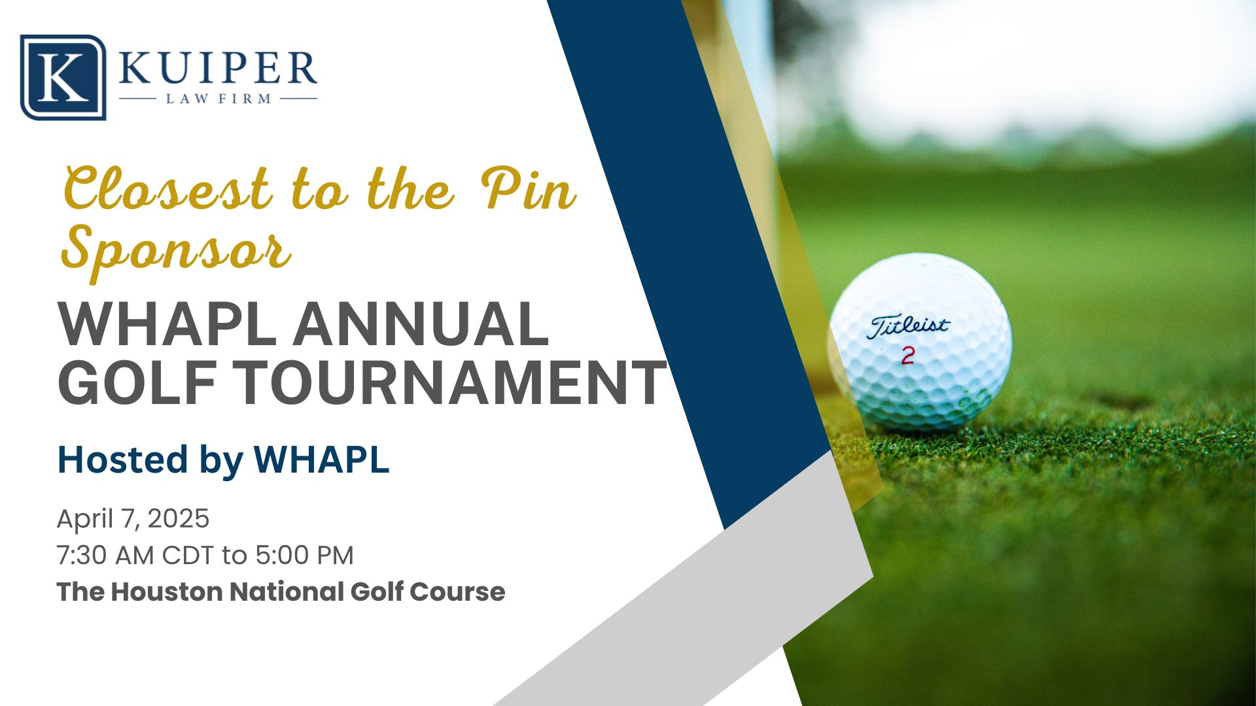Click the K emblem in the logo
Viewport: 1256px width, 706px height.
point(63,77)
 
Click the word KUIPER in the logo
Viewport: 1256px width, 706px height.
point(218,68)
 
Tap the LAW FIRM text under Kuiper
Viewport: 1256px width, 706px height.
point(218,99)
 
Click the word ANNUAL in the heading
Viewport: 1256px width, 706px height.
point(420,325)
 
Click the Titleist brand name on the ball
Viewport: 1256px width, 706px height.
point(908,326)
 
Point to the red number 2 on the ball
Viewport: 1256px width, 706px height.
point(908,356)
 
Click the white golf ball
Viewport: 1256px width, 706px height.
point(920,342)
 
